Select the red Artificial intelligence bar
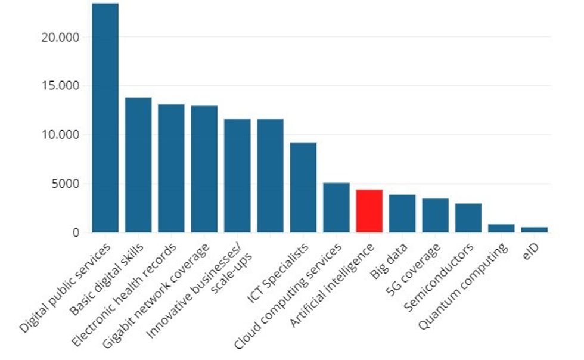[x=369, y=211]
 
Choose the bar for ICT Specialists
[x=303, y=188]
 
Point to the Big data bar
[x=402, y=213]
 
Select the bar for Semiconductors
[x=468, y=218]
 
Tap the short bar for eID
[x=535, y=229]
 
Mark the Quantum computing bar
[x=501, y=228]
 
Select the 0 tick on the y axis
[x=76, y=233]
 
